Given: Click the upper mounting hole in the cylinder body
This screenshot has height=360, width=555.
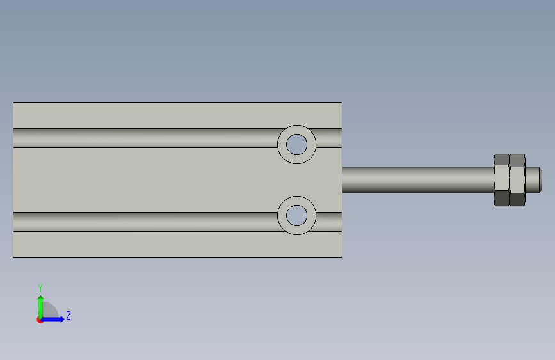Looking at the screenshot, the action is (296, 144).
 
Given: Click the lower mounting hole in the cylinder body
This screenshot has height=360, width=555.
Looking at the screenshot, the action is (296, 215).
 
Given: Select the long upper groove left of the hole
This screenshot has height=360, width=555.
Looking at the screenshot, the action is (145, 138).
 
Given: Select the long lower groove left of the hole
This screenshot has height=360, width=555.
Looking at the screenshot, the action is (145, 222).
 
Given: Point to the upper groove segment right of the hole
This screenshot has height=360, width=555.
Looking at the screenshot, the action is (329, 138).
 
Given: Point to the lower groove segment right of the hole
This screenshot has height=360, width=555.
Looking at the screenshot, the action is (329, 222).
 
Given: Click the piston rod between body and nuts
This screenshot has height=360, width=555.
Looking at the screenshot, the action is (418, 179).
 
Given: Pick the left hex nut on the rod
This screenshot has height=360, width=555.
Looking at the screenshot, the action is (502, 179).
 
